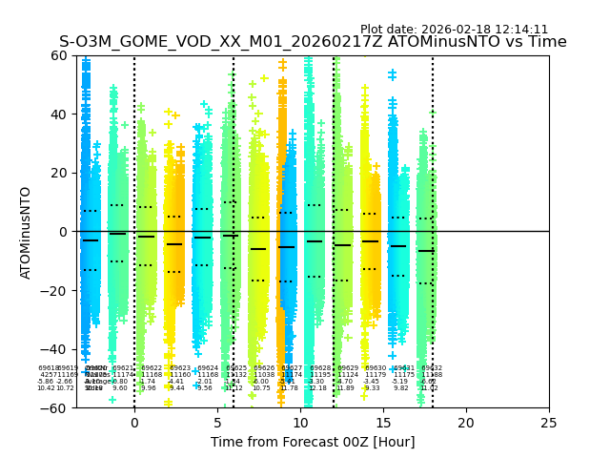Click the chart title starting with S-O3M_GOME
pos(313,42)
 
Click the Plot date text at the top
pos(454,30)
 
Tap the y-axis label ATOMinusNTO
pos(27,232)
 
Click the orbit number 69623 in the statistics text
pos(180,368)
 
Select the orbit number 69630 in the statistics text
pos(376,368)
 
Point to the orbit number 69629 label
pos(348,368)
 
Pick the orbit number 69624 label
pos(208,368)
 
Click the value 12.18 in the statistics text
pos(317,388)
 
